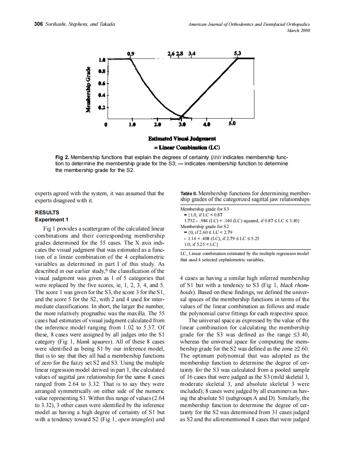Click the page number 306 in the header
pyautogui.click(x=38, y=24)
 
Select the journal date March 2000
pyautogui.click(x=298, y=30)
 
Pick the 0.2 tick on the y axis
pyautogui.click(x=101, y=107)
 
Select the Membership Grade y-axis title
pyautogui.click(x=88, y=89)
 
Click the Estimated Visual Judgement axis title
pyautogui.click(x=182, y=139)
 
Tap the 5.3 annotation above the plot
pyautogui.click(x=238, y=53)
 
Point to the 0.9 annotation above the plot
pyautogui.click(x=131, y=54)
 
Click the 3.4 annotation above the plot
pyautogui.click(x=192, y=54)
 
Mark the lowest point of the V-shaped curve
pyautogui.click(x=181, y=117)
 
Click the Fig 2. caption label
pyautogui.click(x=62, y=158)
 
